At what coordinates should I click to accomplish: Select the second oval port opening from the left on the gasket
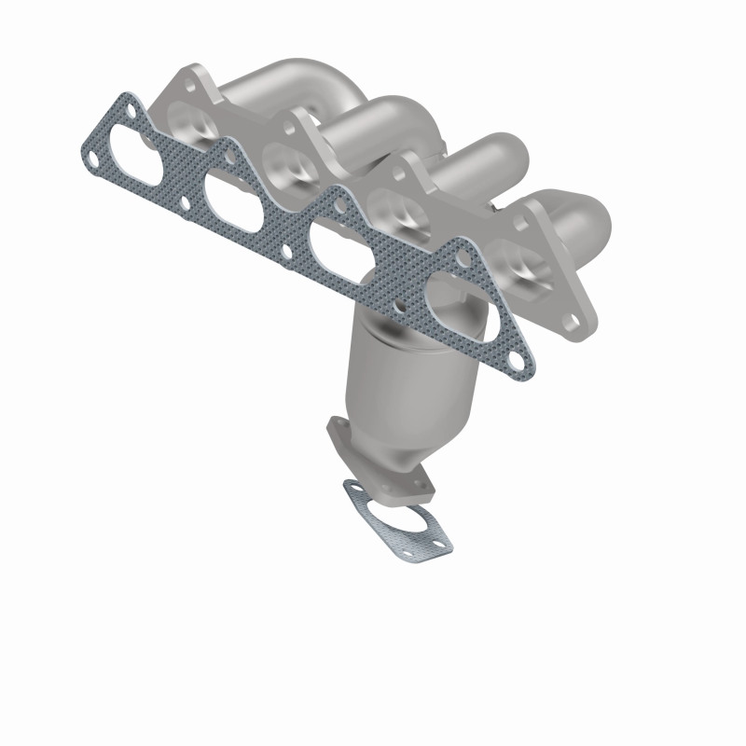(234, 197)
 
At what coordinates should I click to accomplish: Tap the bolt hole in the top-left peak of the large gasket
(136, 114)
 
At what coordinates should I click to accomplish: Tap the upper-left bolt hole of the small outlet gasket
(352, 488)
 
